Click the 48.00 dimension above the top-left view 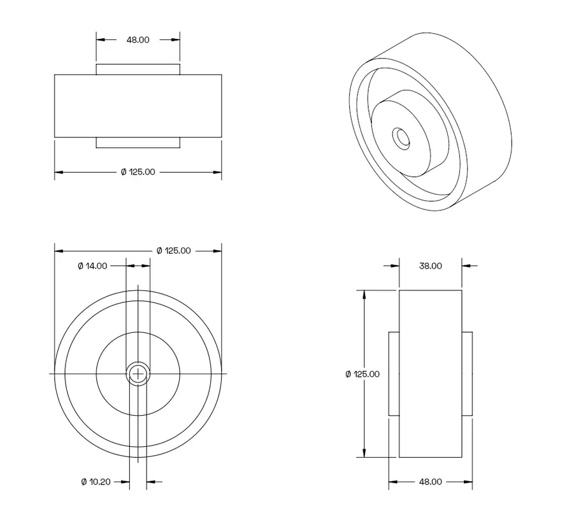click(x=138, y=39)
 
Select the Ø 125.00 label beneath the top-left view click(x=138, y=172)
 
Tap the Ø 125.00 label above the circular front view click(x=173, y=251)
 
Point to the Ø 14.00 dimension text click(x=92, y=266)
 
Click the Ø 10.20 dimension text click(x=96, y=482)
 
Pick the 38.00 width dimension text click(x=430, y=266)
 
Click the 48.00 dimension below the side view click(x=430, y=482)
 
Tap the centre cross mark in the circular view click(x=138, y=374)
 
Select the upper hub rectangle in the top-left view click(x=138, y=69)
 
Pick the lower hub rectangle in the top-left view click(x=138, y=143)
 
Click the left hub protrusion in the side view click(x=394, y=374)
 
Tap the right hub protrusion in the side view click(x=467, y=374)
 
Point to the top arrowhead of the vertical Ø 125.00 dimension click(x=364, y=295)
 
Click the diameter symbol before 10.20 click(x=84, y=482)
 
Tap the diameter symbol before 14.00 click(x=80, y=266)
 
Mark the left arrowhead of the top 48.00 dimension click(x=101, y=39)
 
